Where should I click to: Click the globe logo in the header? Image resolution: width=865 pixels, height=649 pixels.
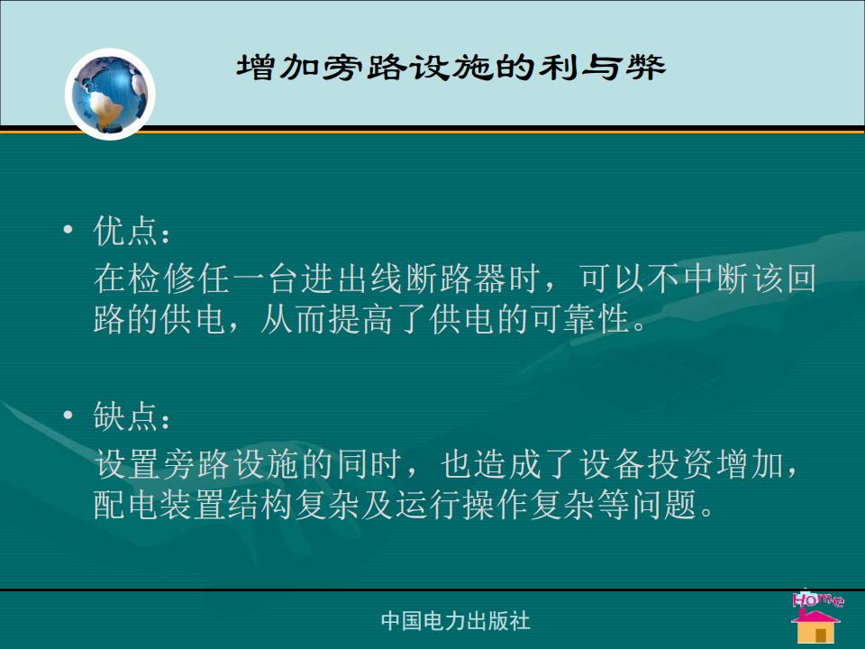coord(110,95)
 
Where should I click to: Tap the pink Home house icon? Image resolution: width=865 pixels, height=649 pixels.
coord(816,617)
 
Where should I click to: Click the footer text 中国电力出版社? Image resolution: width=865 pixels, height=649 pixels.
coord(456,621)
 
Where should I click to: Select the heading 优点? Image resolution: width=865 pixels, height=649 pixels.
coord(125,230)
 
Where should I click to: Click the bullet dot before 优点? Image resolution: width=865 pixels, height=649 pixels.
coord(68,229)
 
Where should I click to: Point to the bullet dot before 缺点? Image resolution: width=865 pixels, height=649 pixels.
coord(68,415)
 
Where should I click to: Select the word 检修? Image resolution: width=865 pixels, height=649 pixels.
coord(161,278)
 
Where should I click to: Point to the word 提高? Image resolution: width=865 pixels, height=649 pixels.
coord(362,318)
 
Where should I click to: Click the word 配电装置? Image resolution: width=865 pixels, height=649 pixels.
coord(159,504)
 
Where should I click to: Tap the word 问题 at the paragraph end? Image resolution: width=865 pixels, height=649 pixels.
coord(664,504)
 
